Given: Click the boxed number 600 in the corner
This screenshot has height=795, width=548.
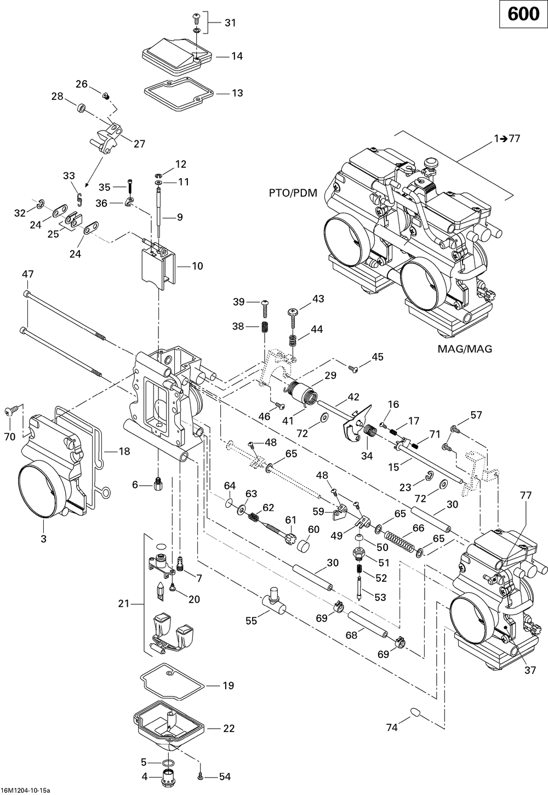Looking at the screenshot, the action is tap(523, 14).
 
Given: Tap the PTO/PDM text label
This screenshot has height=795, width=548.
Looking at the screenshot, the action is tap(293, 193).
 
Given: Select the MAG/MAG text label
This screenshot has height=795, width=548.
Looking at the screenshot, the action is tap(465, 349).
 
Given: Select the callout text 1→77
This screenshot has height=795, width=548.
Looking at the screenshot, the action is tap(507, 138).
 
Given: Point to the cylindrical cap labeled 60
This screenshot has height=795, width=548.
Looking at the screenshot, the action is tap(302, 545).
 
